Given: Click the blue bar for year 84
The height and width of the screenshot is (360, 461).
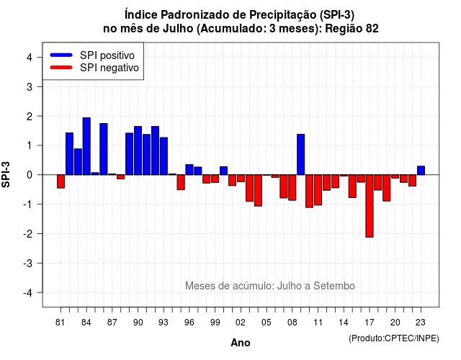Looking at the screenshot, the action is (86, 146).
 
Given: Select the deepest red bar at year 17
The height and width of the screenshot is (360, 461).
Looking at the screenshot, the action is (370, 206).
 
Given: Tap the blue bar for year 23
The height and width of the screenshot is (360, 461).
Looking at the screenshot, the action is (421, 171).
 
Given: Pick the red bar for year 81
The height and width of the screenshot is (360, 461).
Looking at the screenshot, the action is (61, 181).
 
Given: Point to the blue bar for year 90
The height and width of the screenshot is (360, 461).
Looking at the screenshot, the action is (138, 150).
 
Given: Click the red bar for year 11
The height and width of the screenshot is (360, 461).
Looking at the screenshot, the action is (318, 190).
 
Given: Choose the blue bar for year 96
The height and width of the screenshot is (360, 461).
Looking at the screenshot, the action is (189, 170).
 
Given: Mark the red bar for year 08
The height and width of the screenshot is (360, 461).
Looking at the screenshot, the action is (292, 187).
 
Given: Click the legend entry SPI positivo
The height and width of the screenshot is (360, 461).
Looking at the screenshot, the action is (107, 55).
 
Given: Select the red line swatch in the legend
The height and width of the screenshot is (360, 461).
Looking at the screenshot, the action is (61, 68).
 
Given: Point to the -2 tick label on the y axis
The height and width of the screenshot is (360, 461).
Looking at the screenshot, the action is (28, 233).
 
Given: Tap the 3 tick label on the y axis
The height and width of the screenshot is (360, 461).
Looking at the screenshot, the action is (30, 86).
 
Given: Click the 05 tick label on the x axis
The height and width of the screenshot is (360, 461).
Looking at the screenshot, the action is (267, 323).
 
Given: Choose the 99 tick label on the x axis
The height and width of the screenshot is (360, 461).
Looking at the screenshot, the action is (215, 323).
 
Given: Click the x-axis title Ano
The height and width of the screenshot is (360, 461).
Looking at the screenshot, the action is (241, 343).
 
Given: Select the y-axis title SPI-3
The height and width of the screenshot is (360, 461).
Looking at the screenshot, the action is (6, 175).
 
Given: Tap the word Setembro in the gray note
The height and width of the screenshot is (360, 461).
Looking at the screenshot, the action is (334, 286).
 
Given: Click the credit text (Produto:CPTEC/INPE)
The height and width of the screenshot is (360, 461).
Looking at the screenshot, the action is (394, 338).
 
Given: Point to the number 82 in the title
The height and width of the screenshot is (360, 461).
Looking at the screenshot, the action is (372, 29).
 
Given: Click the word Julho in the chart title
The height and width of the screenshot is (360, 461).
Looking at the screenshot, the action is (178, 29).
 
